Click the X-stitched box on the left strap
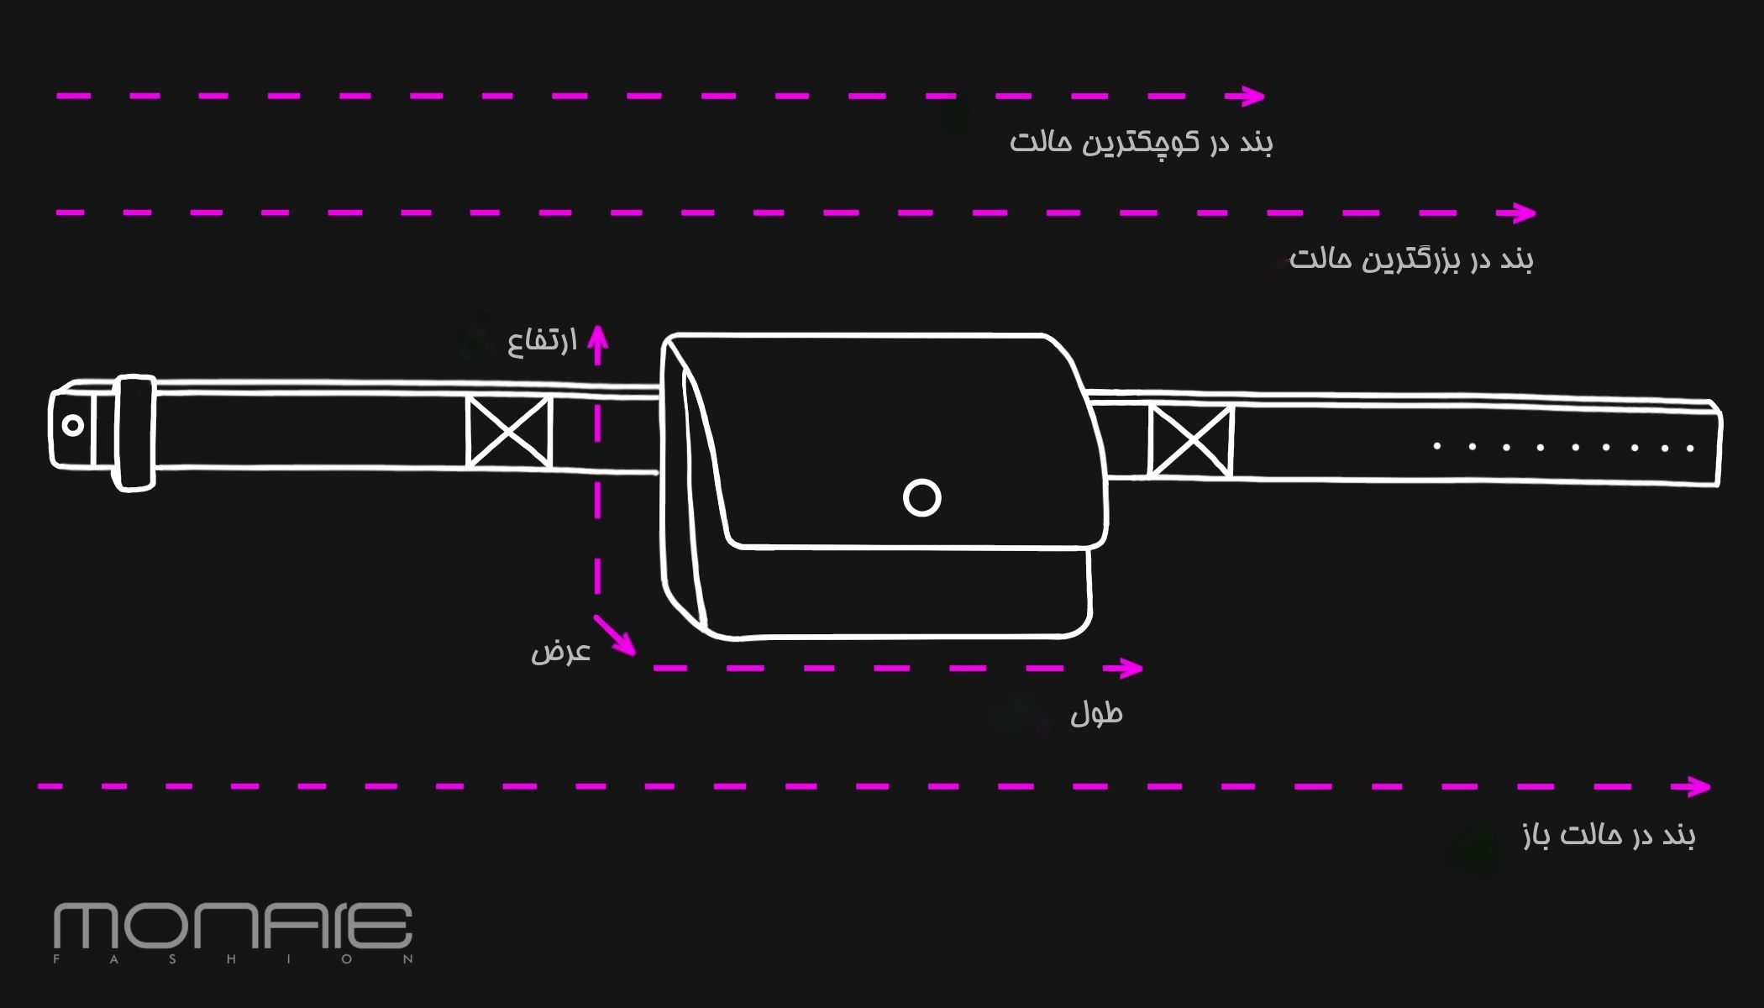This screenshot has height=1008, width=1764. pos(509,432)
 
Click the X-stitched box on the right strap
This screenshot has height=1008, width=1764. pos(1190,441)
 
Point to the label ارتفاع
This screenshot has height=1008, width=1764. pos(542,340)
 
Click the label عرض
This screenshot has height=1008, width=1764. pos(560,652)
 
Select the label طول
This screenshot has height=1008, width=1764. pos(1096,714)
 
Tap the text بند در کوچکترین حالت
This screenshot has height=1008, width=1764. pos(1141,142)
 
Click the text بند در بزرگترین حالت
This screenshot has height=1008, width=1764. pos(1411,259)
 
